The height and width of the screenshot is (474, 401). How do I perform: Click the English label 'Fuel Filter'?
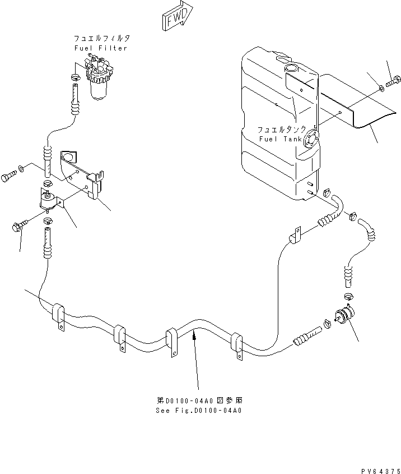[x=101, y=48]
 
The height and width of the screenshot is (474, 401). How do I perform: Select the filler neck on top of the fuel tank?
[x=291, y=68]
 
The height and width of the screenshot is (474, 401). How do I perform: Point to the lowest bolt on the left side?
[x=17, y=227]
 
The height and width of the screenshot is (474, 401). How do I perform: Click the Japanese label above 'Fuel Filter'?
[x=101, y=39]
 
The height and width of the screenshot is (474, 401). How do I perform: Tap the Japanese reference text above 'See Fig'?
[x=199, y=401]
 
